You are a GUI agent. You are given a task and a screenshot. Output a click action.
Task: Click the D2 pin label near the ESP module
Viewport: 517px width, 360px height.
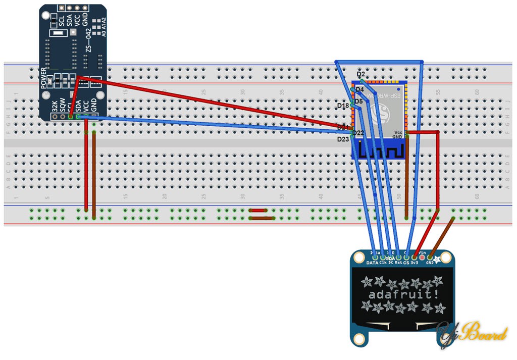pyautogui.click(x=360, y=74)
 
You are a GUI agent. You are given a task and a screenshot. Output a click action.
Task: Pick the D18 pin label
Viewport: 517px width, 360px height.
pyautogui.click(x=343, y=106)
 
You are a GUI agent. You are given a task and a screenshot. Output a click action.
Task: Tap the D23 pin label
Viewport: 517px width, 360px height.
pyautogui.click(x=343, y=139)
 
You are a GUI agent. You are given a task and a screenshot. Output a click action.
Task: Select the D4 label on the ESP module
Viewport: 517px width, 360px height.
pyautogui.click(x=359, y=89)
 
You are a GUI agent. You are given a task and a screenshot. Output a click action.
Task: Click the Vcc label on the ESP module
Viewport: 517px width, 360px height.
pyautogui.click(x=398, y=132)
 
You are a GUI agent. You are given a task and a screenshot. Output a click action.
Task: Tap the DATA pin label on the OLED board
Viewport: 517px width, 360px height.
pyautogui.click(x=372, y=263)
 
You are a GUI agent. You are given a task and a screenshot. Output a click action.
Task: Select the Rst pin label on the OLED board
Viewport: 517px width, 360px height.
pyautogui.click(x=398, y=263)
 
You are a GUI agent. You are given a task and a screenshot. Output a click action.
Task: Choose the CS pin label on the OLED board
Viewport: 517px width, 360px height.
pyautogui.click(x=406, y=263)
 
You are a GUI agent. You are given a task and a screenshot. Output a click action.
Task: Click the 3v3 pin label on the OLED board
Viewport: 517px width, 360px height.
pyautogui.click(x=415, y=263)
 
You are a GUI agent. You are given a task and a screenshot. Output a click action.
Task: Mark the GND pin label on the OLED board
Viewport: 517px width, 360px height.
pyautogui.click(x=430, y=263)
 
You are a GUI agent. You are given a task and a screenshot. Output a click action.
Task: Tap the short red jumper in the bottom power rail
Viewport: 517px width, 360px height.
pyautogui.click(x=258, y=210)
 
